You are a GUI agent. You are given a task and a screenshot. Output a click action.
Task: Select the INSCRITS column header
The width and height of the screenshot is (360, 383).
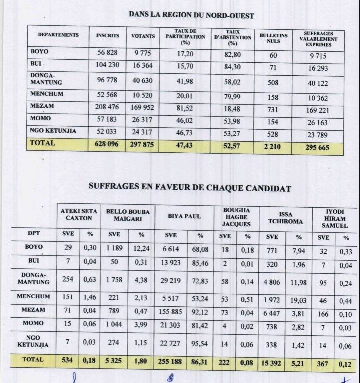pos(108,36)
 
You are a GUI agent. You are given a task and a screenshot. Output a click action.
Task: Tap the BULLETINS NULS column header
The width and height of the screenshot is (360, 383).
pos(273,38)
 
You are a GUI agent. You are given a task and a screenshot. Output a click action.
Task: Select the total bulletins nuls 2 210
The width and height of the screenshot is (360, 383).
pos(273,146)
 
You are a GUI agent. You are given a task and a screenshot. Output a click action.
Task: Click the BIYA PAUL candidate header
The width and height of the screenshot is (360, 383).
pos(184,216)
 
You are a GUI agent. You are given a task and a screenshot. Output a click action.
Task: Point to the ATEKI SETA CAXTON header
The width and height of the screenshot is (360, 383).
pos(77,215)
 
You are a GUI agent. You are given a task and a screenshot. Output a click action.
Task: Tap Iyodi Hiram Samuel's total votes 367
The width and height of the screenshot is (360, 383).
pos(323,362)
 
